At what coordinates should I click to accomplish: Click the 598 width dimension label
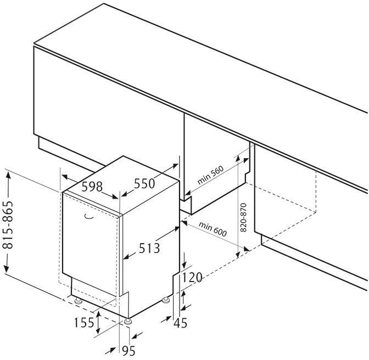[92, 187]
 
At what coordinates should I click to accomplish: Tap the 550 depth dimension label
[144, 183]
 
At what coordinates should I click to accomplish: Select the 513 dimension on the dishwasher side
[149, 249]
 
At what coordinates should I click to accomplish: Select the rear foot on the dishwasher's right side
[165, 300]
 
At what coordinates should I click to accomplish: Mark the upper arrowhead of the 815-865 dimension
[8, 175]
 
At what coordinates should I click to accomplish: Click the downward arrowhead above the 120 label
[185, 263]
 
